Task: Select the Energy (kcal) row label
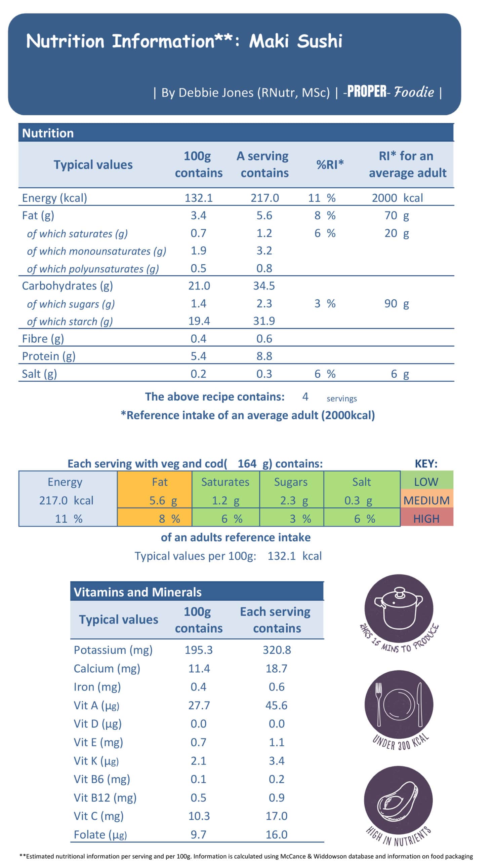(54, 198)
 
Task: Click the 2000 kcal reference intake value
(397, 198)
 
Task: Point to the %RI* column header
(330, 165)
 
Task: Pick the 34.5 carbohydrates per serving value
(264, 286)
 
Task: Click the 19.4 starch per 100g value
(199, 321)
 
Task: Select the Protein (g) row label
(49, 356)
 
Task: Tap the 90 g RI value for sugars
(396, 304)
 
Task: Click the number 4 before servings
(305, 397)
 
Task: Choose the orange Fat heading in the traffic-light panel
(160, 482)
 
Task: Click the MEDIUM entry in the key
(426, 500)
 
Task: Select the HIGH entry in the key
(426, 519)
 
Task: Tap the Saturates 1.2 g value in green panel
(225, 500)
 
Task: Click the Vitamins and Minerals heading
(137, 592)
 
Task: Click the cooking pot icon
(399, 608)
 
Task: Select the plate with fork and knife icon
(399, 705)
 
